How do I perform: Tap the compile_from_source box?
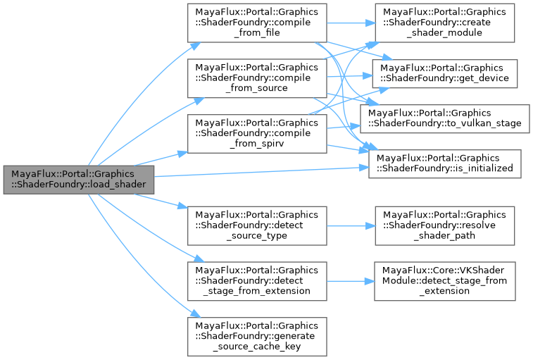pos(256,77)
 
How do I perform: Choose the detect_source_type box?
pos(256,225)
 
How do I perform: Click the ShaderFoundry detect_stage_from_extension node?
pos(256,280)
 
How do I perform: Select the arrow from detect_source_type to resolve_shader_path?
pos(349,225)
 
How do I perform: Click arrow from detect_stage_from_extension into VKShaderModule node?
pos(349,280)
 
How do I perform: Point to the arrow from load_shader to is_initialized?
pos(261,172)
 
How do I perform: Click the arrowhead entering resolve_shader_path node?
pos(369,225)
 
